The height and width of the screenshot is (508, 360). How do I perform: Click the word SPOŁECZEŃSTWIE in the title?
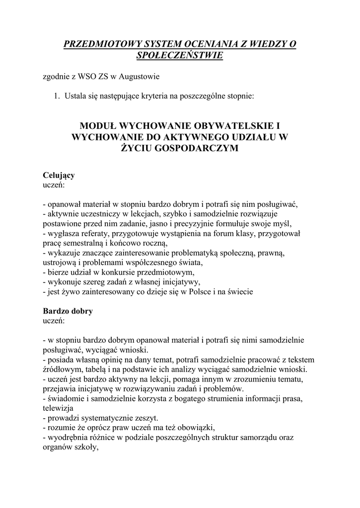[180, 56]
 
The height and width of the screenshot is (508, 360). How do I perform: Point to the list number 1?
[57, 96]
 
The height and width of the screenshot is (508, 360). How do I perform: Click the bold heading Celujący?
[59, 176]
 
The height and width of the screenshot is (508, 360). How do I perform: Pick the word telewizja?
[58, 408]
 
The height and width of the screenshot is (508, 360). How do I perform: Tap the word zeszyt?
[145, 418]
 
